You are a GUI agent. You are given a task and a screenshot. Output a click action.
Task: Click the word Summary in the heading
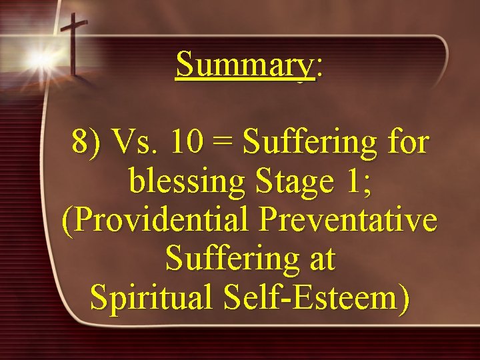pyautogui.click(x=244, y=65)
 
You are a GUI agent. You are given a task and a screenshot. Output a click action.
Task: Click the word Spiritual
pyautogui.click(x=150, y=298)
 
